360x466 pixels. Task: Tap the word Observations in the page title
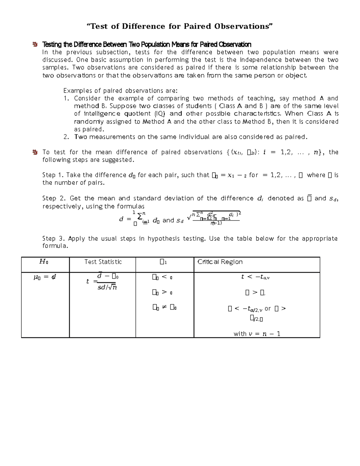tap(243, 26)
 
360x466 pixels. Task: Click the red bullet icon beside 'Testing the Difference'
tap(35, 45)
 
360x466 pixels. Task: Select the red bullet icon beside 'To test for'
tap(35, 152)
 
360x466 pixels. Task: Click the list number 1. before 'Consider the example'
tap(66, 98)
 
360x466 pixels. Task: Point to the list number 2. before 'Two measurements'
tap(66, 137)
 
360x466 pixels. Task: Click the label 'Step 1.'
tap(53, 175)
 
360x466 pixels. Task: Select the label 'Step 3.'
tap(53, 239)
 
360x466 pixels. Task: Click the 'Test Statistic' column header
tap(103, 262)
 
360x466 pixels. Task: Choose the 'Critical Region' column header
tap(220, 262)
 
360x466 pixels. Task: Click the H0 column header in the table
tap(44, 262)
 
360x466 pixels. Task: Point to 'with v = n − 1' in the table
tap(257, 334)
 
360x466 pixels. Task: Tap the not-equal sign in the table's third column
tap(164, 307)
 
